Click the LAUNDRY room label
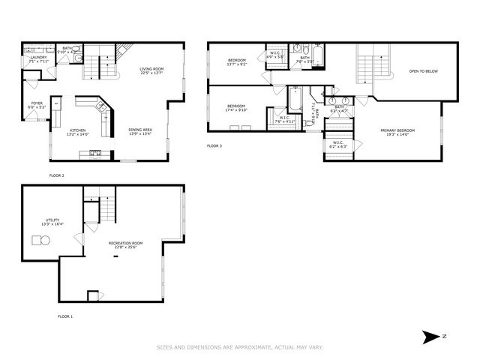(39, 57)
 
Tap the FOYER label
(36, 103)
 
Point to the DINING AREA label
(141, 130)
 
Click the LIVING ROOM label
(151, 70)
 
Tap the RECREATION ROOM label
(125, 244)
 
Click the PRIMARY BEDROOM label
(397, 130)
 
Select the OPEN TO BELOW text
(423, 71)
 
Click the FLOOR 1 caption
(65, 316)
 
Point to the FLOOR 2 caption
(57, 175)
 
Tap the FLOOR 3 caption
(214, 145)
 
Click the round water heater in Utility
(39, 240)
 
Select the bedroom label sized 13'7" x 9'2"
(237, 61)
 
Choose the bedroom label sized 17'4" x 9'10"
(236, 108)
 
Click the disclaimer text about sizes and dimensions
(239, 346)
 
